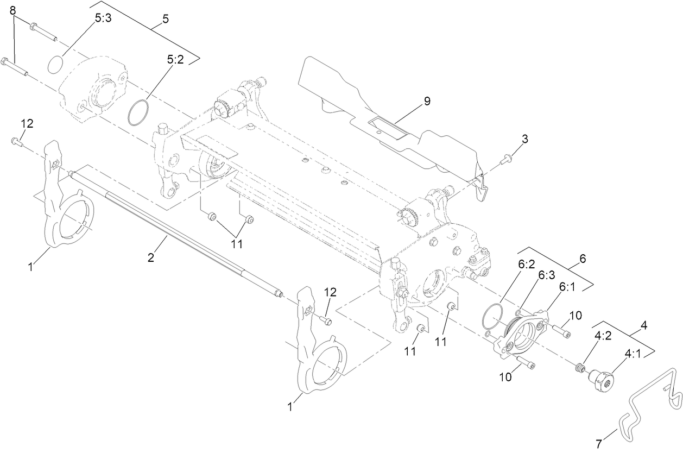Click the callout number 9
[x=427, y=101]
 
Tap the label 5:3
[x=103, y=18]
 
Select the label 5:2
[x=175, y=60]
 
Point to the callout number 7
[x=599, y=444]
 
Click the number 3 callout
[x=524, y=139]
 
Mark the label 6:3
[x=546, y=275]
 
